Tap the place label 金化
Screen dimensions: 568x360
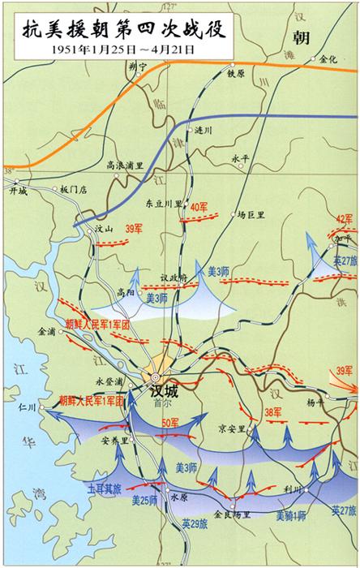coord(329,59)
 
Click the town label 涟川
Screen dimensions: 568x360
coord(203,130)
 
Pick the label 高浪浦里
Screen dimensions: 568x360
coord(125,165)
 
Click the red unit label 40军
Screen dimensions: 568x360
coord(199,207)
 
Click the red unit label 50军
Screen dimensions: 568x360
coord(170,423)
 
